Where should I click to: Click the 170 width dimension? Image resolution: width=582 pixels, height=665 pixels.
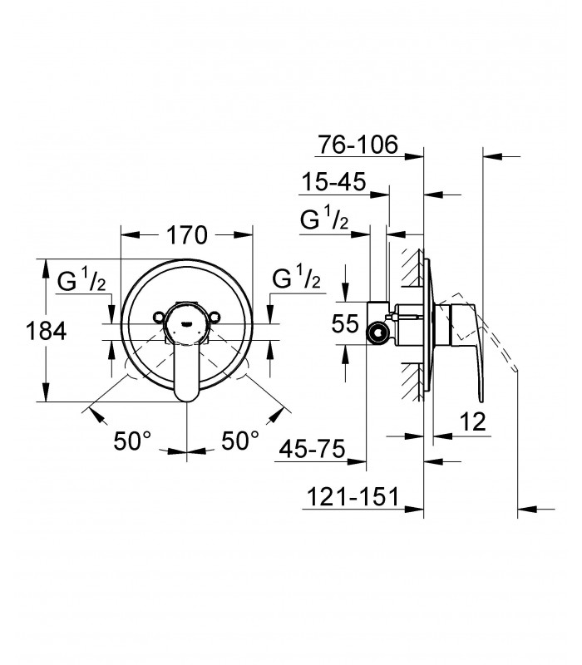pos(186,235)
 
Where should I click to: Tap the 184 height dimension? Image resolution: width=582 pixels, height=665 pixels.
pos(46,331)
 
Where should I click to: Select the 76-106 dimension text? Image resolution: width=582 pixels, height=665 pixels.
pos(358,145)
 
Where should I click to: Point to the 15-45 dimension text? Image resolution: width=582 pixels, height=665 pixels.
pos(333,182)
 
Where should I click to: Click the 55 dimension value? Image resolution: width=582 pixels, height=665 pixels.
pos(345,323)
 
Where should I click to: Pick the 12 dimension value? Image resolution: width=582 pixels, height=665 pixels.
pos(472,421)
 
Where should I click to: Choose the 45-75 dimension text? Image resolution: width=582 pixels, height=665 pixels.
pos(313,449)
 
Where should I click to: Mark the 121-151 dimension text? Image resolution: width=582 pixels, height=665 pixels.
pos(353,496)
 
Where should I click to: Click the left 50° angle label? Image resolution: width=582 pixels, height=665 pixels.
pos(132,441)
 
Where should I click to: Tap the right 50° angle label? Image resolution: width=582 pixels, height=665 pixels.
pos(240,441)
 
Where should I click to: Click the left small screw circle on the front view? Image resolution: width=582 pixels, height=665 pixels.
pos(159,317)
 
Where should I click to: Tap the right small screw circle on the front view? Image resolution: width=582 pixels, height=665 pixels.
pos(215,317)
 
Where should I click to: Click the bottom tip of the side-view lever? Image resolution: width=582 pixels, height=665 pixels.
pos(481,401)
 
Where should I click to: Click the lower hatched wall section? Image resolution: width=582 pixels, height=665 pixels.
pos(412,382)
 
